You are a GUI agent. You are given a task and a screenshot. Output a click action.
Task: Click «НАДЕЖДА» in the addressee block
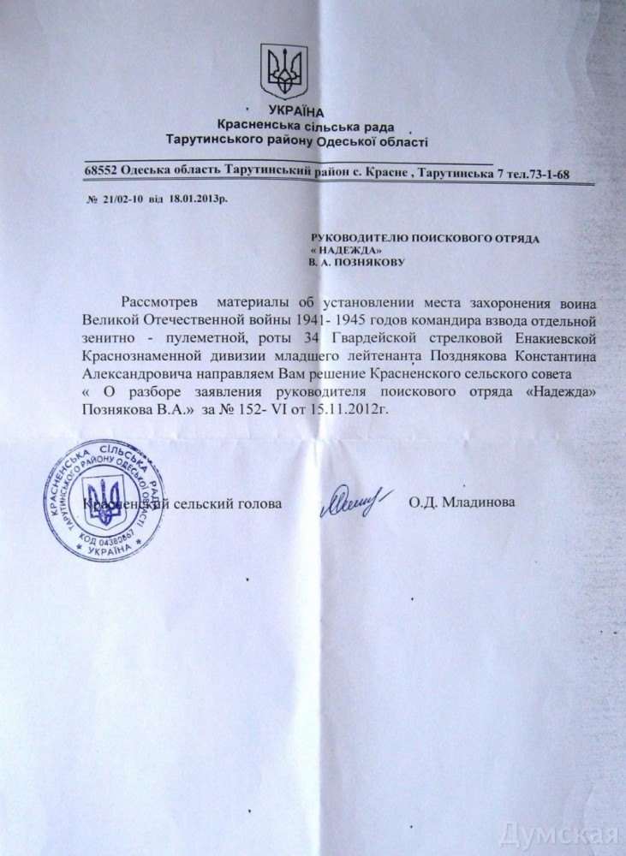[x=346, y=248]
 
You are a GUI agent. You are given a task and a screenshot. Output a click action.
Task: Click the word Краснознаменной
[x=140, y=356]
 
